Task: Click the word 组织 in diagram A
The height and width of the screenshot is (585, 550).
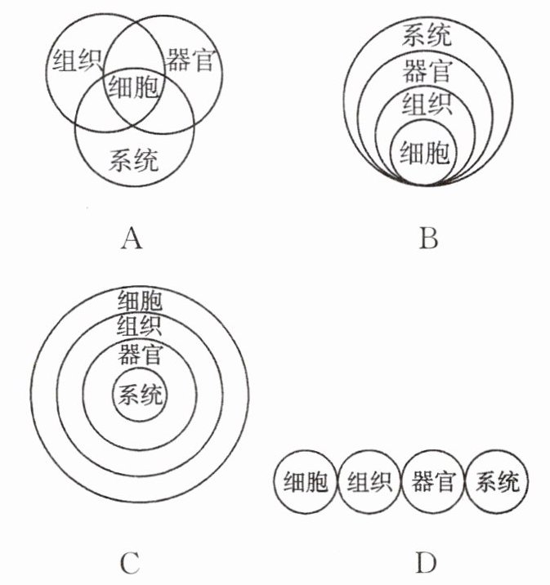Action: click(x=76, y=62)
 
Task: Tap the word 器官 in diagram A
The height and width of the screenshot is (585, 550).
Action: click(x=190, y=62)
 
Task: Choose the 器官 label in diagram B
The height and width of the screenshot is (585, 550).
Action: click(x=427, y=71)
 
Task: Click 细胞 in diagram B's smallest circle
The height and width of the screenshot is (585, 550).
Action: click(x=425, y=150)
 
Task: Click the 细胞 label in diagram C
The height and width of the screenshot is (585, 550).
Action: click(x=140, y=300)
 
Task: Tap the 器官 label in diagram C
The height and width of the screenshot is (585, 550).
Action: click(x=140, y=355)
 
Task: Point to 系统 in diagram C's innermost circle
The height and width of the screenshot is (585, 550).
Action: click(x=141, y=395)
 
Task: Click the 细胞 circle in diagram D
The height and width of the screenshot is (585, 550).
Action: click(x=306, y=483)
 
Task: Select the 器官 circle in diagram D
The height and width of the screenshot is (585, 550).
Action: click(x=433, y=483)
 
